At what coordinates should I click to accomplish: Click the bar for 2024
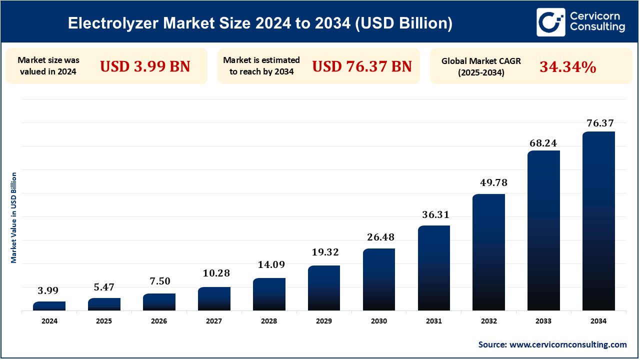point(49,306)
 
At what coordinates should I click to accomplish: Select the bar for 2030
point(379,279)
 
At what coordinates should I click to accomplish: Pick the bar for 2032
point(488,252)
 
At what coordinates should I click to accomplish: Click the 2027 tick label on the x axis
point(214,321)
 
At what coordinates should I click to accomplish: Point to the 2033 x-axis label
point(543,321)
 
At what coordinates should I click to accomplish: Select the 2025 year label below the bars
point(104,321)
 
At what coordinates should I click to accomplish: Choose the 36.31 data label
point(433,215)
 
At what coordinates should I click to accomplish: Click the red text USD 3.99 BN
point(145,66)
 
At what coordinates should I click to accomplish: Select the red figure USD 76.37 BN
point(362,66)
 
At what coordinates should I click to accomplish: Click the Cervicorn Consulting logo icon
point(550,22)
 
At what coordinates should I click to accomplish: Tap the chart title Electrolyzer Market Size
point(260,23)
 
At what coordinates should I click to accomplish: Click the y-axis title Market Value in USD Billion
point(14,217)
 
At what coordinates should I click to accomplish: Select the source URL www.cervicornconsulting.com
point(567,344)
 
